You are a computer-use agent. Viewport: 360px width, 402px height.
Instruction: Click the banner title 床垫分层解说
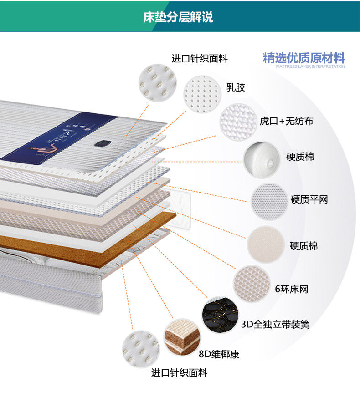(x=178, y=17)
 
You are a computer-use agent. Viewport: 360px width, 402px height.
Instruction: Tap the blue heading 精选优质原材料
(x=304, y=58)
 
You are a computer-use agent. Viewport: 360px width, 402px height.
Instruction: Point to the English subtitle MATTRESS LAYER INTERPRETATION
(x=310, y=66)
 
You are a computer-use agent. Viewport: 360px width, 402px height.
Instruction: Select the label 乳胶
(x=236, y=87)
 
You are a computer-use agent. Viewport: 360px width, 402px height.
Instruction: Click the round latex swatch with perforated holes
(x=202, y=94)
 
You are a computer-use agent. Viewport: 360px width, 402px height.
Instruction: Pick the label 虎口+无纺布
(x=286, y=121)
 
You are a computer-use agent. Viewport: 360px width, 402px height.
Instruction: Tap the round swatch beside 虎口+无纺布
(x=238, y=122)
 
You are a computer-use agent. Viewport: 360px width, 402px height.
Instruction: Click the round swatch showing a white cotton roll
(x=262, y=160)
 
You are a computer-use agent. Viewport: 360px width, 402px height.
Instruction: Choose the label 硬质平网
(x=309, y=199)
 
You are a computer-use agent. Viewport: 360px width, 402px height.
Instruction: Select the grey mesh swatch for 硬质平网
(x=269, y=202)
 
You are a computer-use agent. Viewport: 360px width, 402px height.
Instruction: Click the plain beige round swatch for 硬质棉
(x=266, y=244)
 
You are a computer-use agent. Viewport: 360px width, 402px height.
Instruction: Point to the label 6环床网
(x=292, y=289)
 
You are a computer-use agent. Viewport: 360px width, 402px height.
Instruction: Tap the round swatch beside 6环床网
(x=252, y=284)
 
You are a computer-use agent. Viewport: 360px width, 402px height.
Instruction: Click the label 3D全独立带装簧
(x=275, y=324)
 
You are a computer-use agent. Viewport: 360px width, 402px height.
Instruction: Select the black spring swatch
(x=220, y=315)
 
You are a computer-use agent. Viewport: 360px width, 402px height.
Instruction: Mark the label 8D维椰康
(x=219, y=354)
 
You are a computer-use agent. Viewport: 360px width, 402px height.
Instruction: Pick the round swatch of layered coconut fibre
(x=182, y=337)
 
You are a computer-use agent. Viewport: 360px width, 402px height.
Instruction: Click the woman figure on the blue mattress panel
(x=42, y=151)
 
